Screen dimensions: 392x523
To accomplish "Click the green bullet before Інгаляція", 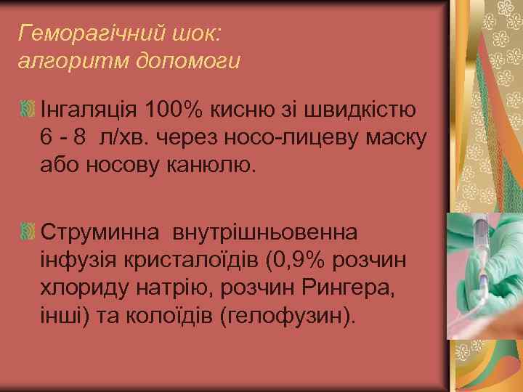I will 28,111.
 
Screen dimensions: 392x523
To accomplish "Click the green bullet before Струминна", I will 28,232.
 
